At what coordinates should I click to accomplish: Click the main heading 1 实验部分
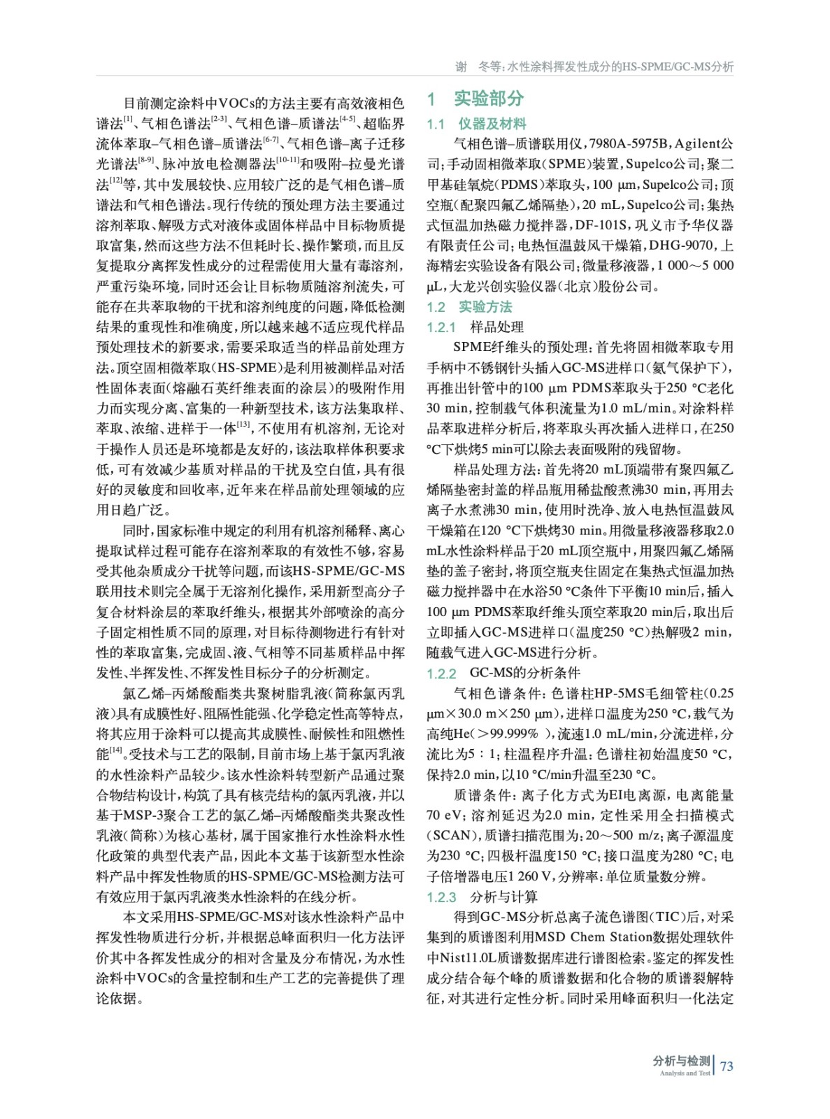(475, 99)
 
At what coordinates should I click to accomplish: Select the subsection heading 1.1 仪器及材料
(477, 124)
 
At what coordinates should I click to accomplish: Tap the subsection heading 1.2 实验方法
(470, 307)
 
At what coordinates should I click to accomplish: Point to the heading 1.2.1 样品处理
(475, 327)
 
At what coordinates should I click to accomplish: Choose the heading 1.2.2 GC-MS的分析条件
(503, 673)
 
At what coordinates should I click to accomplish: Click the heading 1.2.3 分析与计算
(482, 897)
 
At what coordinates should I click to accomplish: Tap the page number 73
(727, 1066)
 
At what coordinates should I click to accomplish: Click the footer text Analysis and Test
(685, 1073)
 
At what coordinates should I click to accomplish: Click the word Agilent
(699, 144)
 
